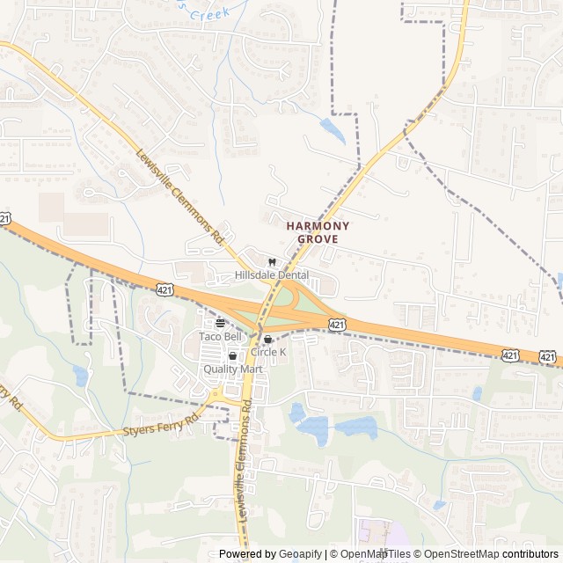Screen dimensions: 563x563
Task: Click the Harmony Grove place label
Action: pos(318,232)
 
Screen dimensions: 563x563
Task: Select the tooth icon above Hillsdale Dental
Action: pos(272,262)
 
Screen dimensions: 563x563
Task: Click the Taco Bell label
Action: pos(220,337)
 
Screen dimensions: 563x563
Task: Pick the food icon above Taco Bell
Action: pos(220,323)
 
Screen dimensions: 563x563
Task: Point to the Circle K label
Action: pos(268,352)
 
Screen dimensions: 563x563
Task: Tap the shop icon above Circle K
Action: pos(268,339)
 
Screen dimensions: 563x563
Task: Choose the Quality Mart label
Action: pos(233,369)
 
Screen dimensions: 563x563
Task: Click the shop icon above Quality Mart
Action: pos(233,356)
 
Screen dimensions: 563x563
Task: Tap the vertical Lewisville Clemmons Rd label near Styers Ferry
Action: pos(243,467)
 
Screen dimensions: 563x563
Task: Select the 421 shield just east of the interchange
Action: pos(337,325)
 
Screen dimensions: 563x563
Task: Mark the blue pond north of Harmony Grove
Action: pos(333,132)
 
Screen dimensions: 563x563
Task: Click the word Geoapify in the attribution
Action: pos(303,554)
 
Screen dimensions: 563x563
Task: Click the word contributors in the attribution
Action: pos(531,554)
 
